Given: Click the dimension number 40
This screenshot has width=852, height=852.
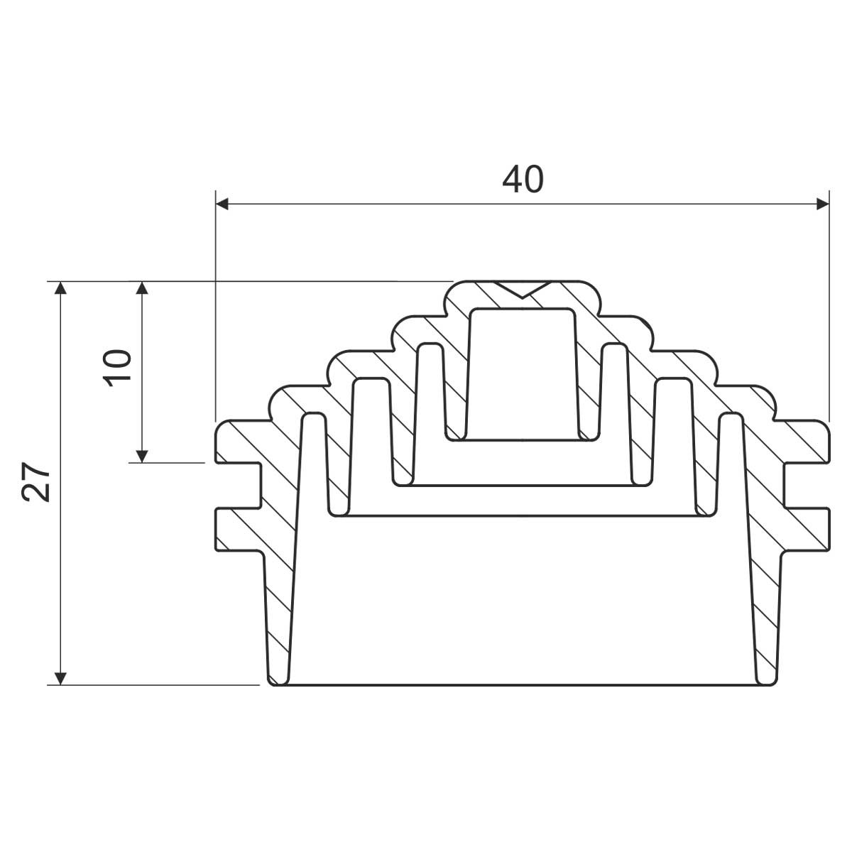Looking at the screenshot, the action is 523,179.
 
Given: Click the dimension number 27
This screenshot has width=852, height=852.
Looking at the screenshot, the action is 35,482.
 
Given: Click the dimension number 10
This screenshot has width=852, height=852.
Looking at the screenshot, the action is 117,368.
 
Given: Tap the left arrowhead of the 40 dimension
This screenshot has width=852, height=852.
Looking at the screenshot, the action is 222,204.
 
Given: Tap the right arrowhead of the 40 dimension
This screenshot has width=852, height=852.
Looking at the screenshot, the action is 823,204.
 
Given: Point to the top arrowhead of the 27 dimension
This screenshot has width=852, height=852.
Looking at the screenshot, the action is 60,288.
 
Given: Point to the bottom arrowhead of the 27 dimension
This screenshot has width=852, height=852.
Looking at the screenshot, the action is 60,678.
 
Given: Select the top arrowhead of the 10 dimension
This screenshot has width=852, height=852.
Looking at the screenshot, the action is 141,288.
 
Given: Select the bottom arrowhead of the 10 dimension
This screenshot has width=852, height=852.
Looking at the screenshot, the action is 141,456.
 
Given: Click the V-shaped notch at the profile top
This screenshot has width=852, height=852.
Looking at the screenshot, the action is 523,289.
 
